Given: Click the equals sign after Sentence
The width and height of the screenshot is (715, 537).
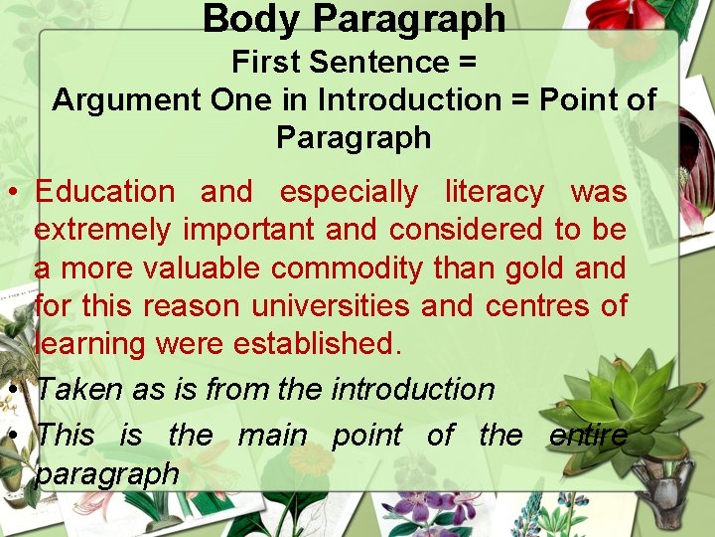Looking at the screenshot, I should point(467,62).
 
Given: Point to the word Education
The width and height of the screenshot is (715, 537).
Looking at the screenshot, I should point(104,191).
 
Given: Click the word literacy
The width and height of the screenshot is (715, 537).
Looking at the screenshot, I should point(494,191).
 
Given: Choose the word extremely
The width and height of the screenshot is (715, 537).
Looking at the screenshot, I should point(104,230).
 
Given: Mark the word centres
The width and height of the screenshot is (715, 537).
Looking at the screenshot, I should point(533,306).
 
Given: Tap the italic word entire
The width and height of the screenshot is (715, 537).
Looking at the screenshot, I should point(588,435).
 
